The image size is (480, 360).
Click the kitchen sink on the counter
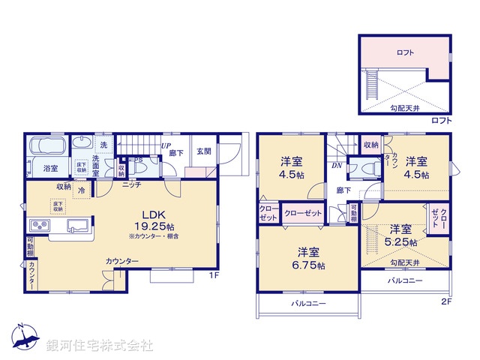[77, 225]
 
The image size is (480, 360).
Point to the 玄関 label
[204, 151]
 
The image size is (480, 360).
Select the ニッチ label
[132, 184]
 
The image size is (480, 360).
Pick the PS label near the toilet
[138, 159]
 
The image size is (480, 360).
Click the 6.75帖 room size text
[310, 265]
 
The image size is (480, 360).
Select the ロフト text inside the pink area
[405, 52]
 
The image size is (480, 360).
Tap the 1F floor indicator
[213, 275]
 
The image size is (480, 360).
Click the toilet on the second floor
[365, 169]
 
